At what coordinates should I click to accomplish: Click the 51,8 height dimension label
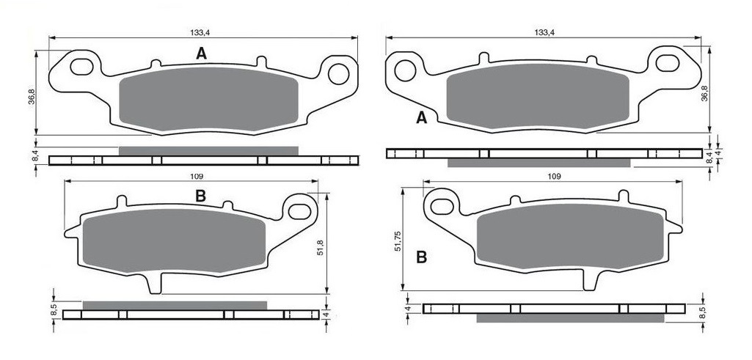(x=321, y=246)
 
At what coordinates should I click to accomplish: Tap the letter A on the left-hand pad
(x=202, y=54)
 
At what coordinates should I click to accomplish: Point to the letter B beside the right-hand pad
(x=421, y=257)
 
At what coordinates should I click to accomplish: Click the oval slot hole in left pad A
(x=81, y=67)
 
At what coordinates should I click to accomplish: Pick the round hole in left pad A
(x=338, y=74)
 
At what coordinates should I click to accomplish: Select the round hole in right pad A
(x=405, y=70)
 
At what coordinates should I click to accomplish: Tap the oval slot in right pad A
(x=668, y=63)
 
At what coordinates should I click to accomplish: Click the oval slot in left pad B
(x=300, y=211)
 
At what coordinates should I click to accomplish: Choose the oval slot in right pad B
(x=442, y=207)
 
